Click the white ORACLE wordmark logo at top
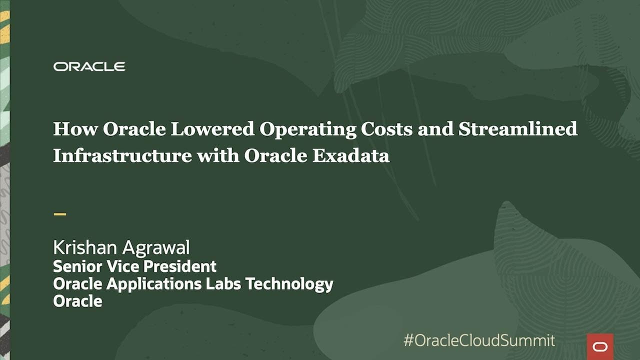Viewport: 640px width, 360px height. pos(89,66)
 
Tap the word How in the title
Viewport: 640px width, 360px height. pos(75,129)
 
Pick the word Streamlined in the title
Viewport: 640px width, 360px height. pos(518,129)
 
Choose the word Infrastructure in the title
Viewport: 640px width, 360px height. pos(122,155)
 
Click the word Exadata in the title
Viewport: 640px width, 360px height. pos(351,155)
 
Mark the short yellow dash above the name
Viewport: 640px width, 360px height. pos(59,214)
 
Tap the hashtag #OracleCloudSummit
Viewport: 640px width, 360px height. pos(478,340)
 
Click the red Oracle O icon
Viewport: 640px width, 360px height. pos(599,346)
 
